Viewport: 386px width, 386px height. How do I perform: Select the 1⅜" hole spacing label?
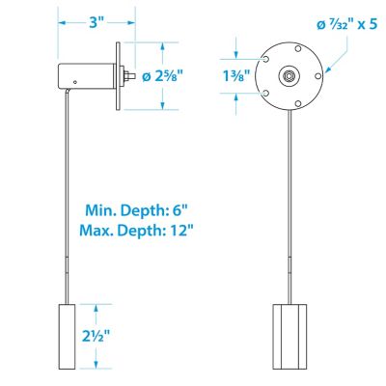[243, 74]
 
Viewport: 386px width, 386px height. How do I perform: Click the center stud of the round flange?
[289, 75]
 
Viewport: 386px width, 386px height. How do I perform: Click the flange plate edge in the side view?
[117, 75]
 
